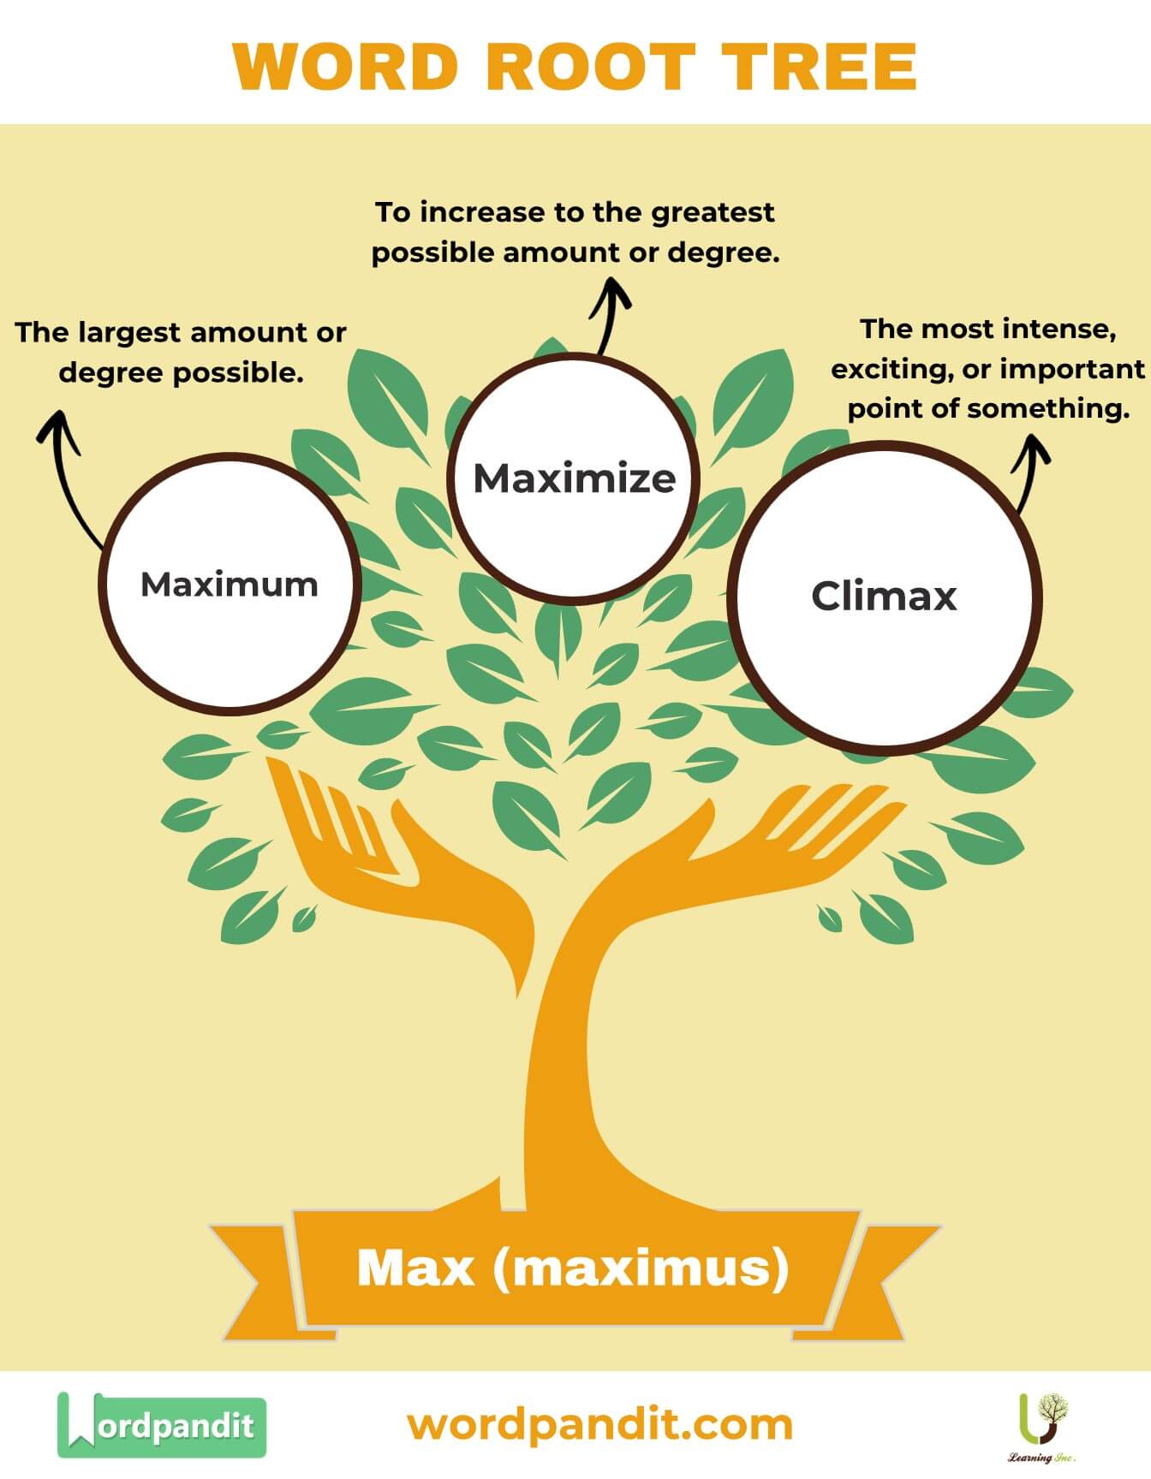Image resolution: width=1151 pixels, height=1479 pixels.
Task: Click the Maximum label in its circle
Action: (x=230, y=585)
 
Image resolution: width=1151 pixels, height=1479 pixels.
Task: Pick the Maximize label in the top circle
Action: (x=575, y=478)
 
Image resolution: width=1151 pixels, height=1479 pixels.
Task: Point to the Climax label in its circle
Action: (x=884, y=596)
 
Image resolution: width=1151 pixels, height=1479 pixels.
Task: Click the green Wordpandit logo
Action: (x=162, y=1425)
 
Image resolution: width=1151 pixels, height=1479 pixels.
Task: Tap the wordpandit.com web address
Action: (x=599, y=1425)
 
